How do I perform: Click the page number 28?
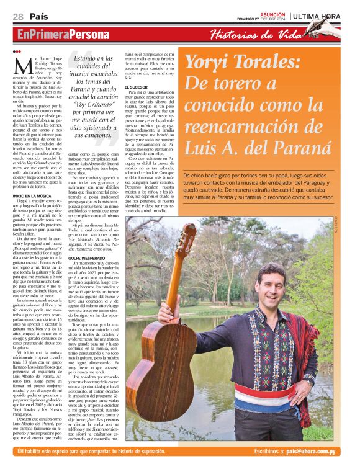point(18,16)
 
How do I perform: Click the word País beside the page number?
point(38,16)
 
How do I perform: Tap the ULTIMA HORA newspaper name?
point(317,16)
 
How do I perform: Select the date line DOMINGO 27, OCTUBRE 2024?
point(259,19)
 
